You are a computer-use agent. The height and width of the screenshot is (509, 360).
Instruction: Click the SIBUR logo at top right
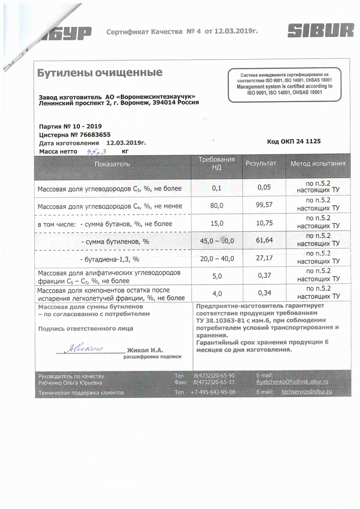321,30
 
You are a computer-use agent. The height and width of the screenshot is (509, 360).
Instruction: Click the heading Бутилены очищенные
100,73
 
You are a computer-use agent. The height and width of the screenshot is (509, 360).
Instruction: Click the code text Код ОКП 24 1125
294,141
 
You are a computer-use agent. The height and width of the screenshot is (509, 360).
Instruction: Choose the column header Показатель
112,164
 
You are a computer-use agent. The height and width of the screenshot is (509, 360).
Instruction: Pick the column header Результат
261,164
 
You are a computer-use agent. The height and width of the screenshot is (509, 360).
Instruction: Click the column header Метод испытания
318,164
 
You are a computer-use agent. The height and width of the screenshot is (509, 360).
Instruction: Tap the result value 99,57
264,205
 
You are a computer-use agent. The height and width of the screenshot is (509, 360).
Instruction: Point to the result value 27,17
264,258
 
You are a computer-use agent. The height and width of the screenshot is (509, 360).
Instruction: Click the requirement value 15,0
217,223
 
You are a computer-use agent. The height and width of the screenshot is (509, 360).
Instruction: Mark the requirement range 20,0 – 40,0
217,259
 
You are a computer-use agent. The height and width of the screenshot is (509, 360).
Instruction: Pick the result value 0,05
264,187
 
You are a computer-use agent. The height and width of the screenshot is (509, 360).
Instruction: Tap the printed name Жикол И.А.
144,350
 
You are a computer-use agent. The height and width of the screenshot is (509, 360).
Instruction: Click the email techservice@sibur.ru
306,392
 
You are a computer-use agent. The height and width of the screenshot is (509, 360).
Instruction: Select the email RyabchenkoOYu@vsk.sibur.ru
292,382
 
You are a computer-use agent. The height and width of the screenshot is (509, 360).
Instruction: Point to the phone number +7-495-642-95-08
213,392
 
